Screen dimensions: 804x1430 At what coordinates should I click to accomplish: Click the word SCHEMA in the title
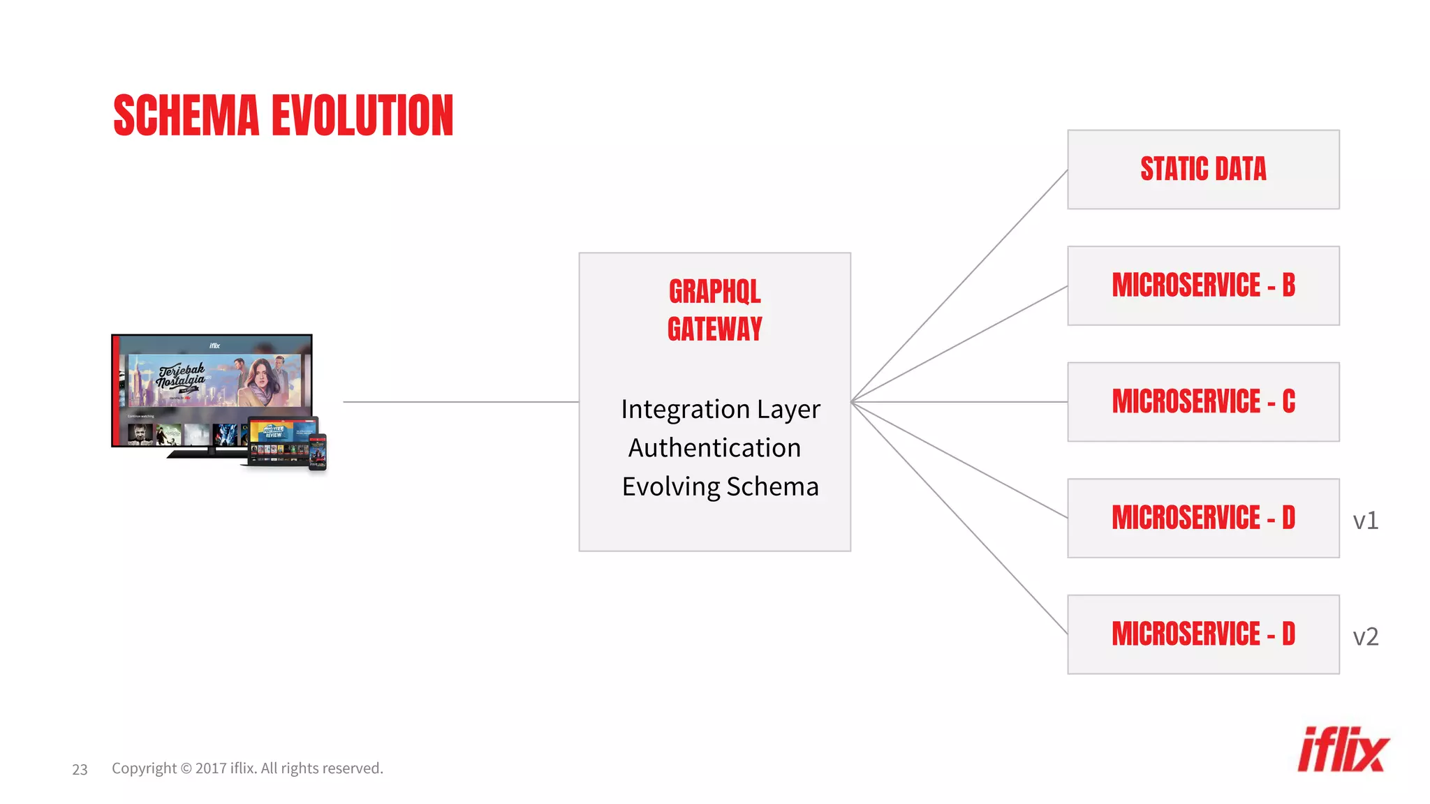186,116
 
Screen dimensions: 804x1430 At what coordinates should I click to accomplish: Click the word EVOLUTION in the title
362,116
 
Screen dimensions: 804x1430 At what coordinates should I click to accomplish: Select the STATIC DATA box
1202,169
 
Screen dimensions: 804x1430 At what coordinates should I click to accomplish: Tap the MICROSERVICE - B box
1202,285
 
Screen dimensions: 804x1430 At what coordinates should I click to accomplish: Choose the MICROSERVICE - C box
1202,401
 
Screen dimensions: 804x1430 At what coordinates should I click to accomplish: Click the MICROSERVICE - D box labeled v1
1202,518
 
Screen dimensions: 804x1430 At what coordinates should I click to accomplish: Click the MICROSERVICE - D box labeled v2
1202,634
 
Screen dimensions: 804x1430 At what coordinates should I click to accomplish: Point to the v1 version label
1365,521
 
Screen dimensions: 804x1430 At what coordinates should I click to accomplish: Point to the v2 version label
1365,636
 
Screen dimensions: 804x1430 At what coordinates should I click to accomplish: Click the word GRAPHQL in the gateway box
714,292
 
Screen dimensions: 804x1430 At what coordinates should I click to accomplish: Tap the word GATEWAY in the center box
714,329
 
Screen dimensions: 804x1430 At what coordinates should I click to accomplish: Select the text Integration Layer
720,410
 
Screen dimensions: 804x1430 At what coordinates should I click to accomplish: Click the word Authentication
714,448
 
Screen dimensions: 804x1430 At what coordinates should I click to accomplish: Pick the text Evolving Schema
720,486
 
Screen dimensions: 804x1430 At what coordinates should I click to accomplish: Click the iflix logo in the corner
1342,750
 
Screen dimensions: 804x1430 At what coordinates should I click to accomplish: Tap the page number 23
80,769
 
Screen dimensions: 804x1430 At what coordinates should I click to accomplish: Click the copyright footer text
247,768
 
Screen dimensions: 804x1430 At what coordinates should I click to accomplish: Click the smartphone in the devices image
318,452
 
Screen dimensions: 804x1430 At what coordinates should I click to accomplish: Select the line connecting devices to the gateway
461,402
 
